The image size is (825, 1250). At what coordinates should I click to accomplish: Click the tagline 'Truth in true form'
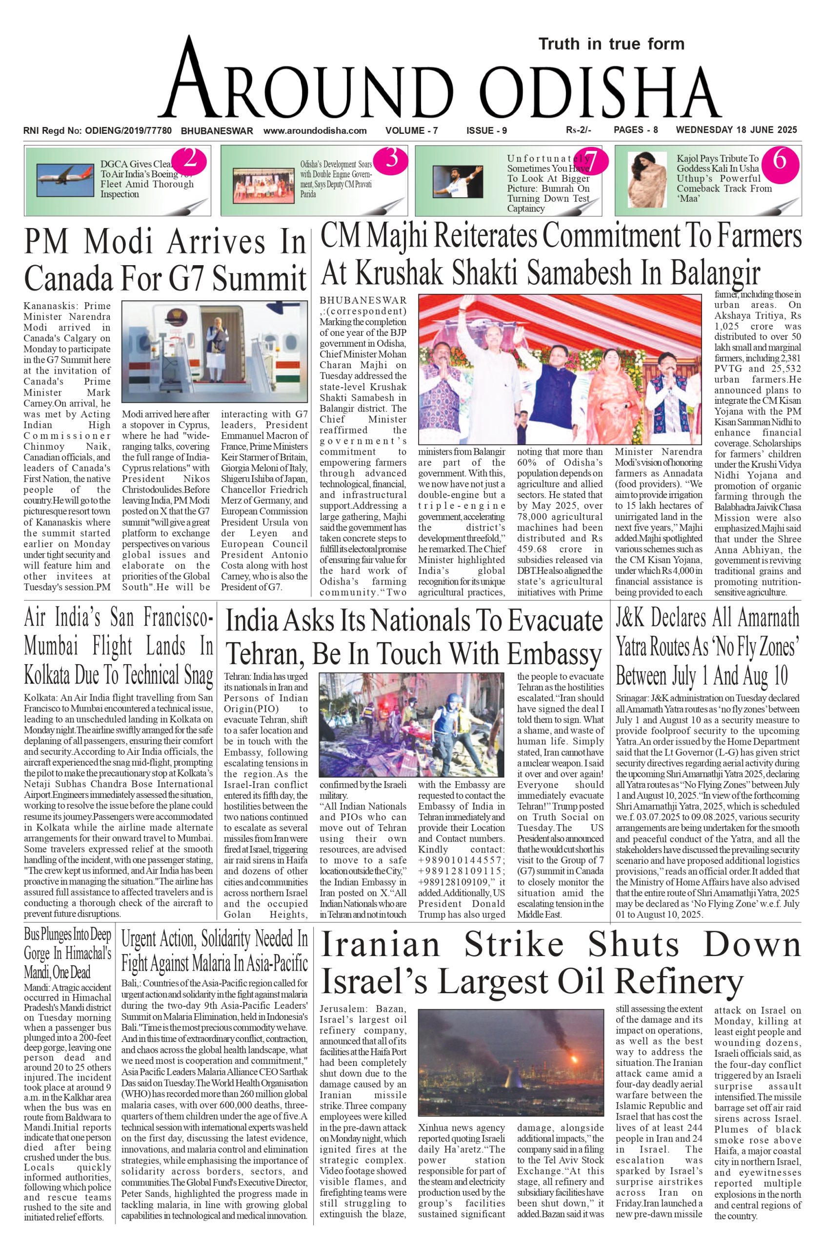click(611, 44)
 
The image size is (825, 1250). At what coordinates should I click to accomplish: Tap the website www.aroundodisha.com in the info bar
click(315, 130)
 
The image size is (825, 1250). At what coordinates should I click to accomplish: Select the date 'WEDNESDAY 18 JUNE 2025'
click(736, 130)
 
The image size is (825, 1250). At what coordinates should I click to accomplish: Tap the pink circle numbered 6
click(779, 160)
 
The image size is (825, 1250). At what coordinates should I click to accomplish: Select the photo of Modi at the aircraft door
click(215, 351)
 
